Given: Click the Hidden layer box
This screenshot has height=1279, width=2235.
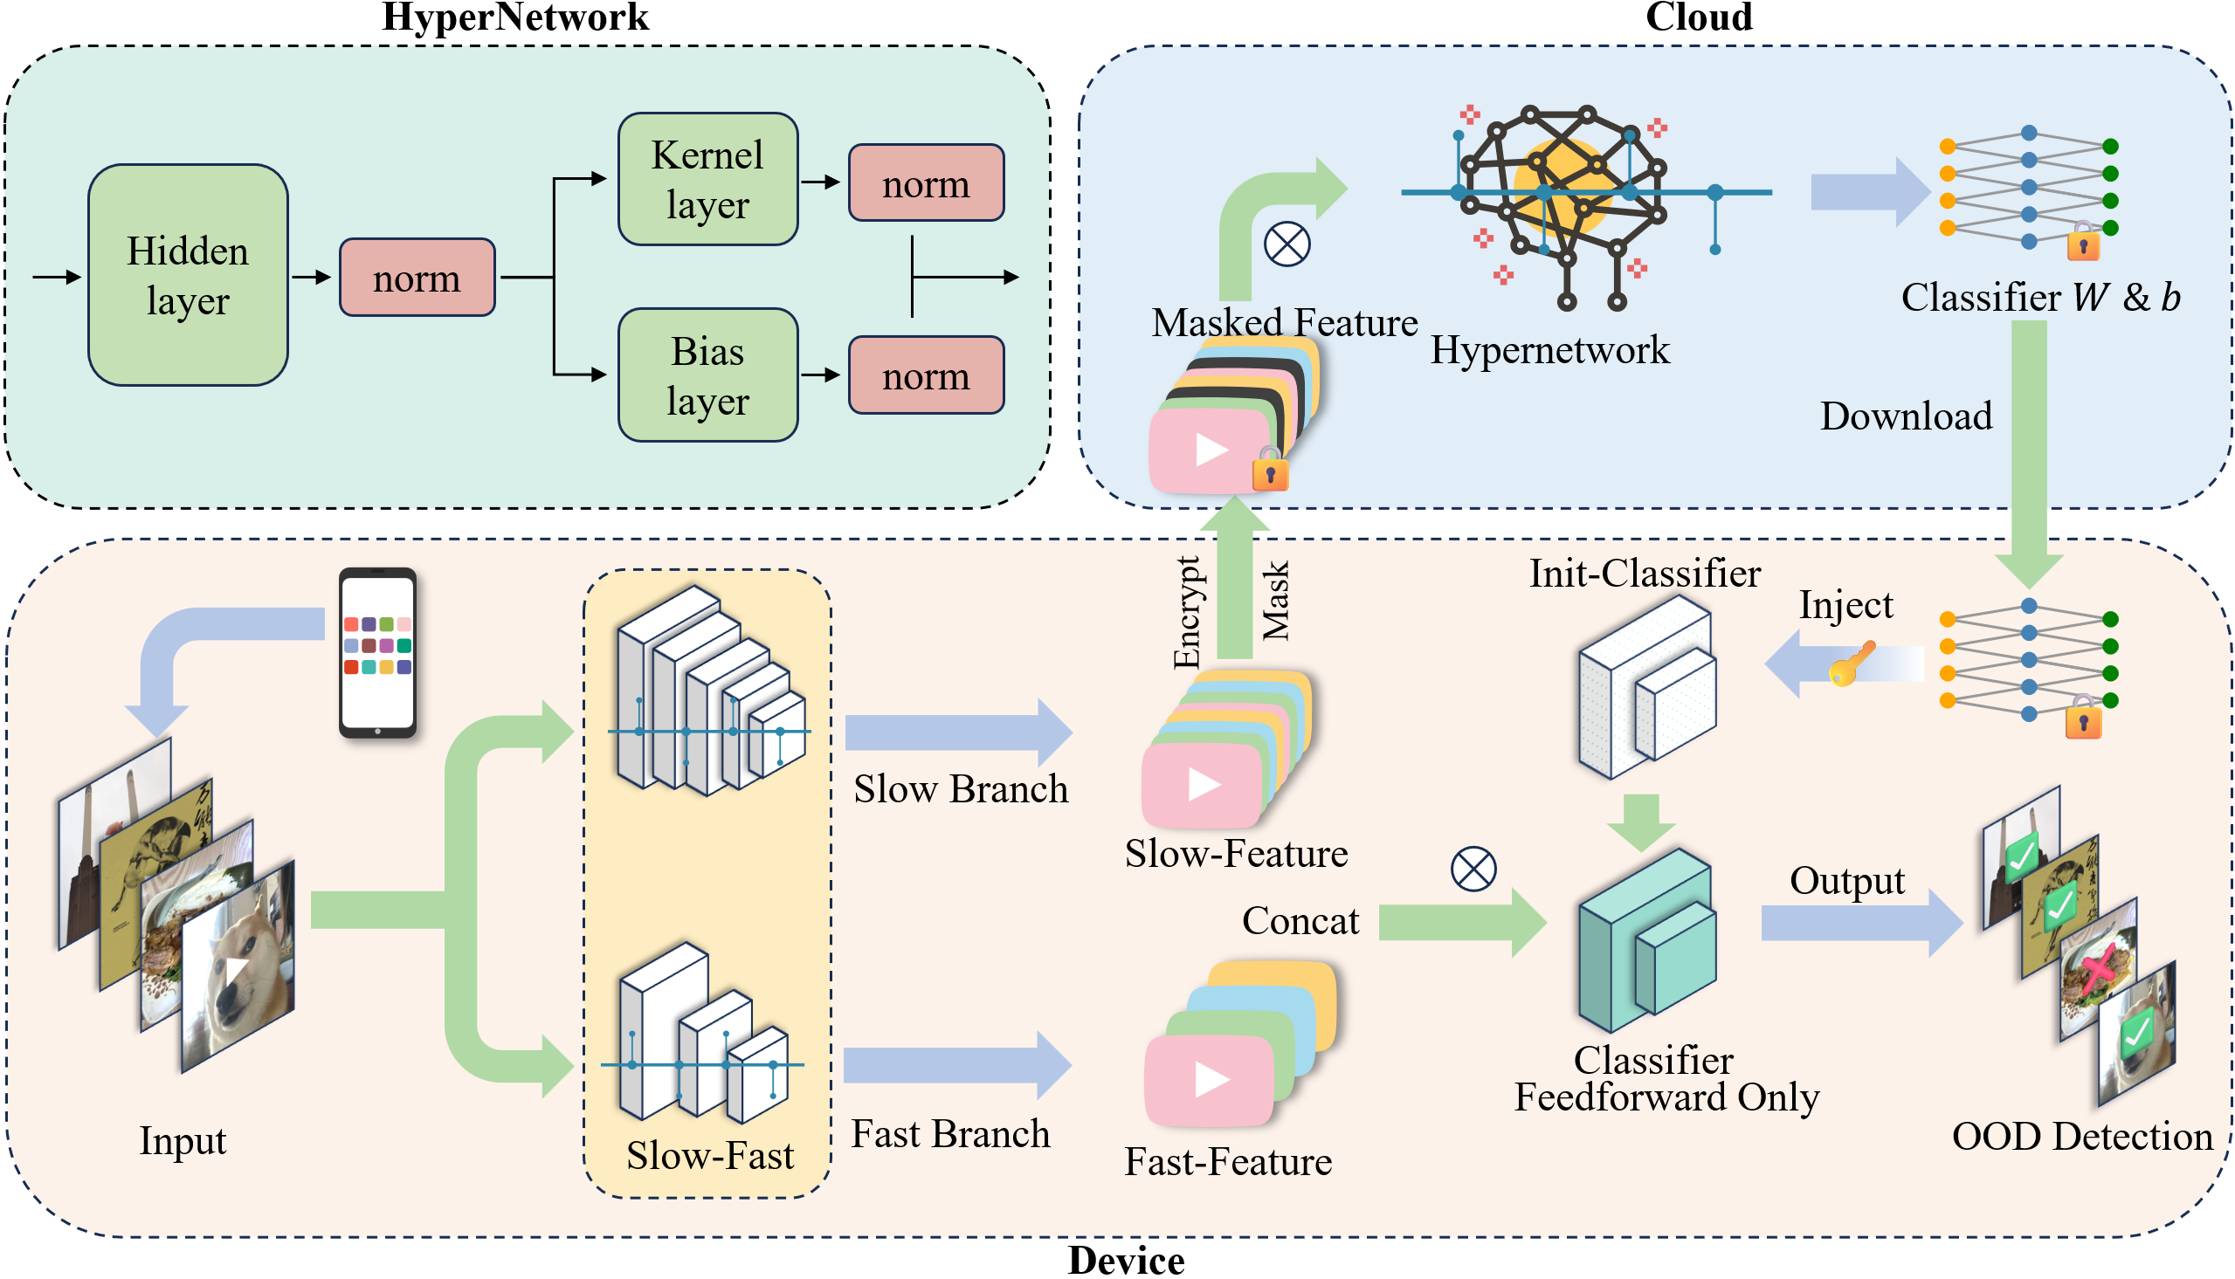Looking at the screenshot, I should [x=188, y=275].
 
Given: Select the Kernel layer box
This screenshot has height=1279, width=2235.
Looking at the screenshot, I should [x=708, y=179].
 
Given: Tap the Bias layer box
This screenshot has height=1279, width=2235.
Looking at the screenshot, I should [x=708, y=375].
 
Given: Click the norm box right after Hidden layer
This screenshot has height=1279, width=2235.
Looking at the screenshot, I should [x=417, y=278].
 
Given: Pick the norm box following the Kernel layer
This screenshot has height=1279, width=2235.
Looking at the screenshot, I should [x=926, y=183].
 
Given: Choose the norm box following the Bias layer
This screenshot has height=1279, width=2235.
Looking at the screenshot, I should [x=926, y=375].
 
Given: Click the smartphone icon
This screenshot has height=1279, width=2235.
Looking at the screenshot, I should [x=378, y=653].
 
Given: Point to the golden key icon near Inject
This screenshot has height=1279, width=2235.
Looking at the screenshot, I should [x=1850, y=664].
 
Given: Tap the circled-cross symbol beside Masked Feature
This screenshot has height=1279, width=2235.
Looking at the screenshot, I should [x=1287, y=244].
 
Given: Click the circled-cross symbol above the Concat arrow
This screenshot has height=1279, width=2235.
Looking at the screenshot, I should [x=1473, y=870].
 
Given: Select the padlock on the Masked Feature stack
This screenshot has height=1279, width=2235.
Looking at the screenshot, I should [x=1271, y=469].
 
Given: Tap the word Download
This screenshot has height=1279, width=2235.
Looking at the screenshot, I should [x=1907, y=416].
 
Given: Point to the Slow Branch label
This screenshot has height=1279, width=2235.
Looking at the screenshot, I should [x=961, y=789].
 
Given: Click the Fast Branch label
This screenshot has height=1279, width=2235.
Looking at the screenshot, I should [x=950, y=1134].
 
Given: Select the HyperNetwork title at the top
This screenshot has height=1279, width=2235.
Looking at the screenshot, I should [x=515, y=17].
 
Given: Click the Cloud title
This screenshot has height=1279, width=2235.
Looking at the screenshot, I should [x=1699, y=17].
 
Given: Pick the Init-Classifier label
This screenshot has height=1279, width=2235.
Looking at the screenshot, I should [x=1645, y=574].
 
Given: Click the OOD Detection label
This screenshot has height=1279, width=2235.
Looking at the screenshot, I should [x=2082, y=1137].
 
